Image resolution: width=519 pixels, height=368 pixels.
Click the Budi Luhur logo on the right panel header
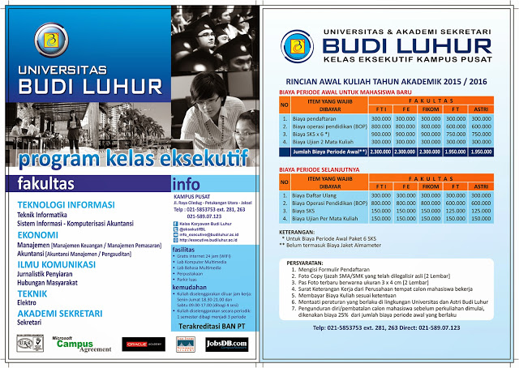point(290,41)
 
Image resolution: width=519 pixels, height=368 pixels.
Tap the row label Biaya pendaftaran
point(313,118)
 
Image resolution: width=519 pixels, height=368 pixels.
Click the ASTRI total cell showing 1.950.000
point(481,151)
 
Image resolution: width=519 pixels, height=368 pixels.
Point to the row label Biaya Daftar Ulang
point(314,195)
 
